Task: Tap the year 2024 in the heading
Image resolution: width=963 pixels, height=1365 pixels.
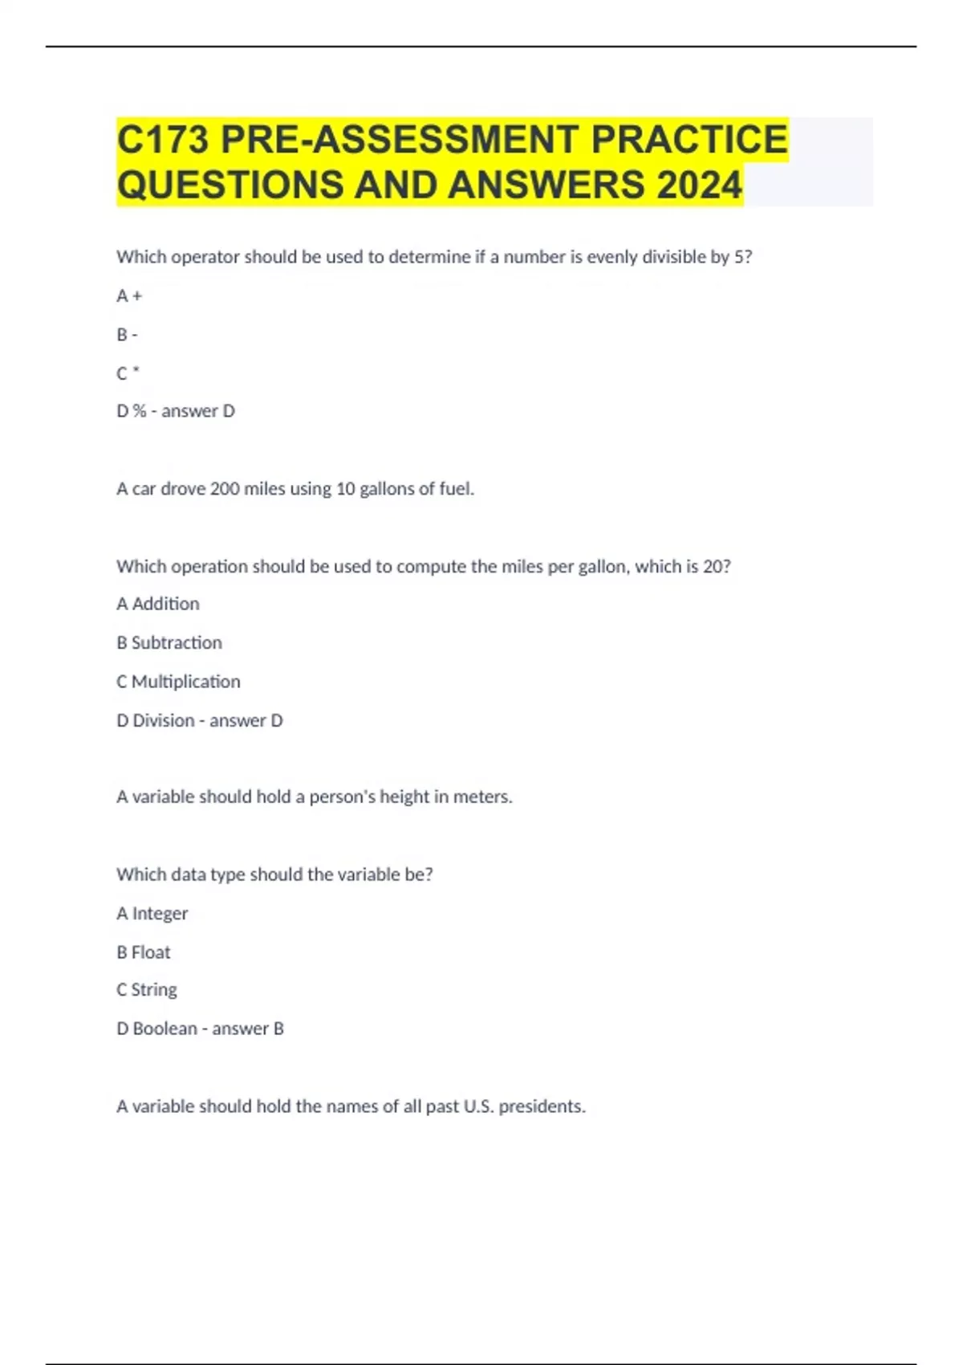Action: click(x=699, y=185)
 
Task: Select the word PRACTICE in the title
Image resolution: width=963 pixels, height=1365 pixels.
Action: click(x=689, y=140)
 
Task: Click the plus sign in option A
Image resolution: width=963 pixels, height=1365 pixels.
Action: click(x=137, y=296)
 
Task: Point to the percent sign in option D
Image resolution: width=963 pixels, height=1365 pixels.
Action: click(x=140, y=411)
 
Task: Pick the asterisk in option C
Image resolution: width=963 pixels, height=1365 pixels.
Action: click(x=136, y=372)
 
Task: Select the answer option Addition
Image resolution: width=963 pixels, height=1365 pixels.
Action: click(x=165, y=604)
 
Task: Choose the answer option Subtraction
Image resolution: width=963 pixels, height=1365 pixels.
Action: click(x=177, y=643)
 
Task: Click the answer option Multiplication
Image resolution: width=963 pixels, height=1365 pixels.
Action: click(x=185, y=682)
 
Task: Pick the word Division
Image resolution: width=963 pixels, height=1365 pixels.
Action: click(x=164, y=721)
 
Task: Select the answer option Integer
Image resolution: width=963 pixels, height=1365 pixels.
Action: click(x=160, y=914)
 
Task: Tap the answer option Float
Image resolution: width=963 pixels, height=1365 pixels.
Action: click(x=151, y=952)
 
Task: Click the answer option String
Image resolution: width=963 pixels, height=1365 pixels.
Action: click(x=154, y=990)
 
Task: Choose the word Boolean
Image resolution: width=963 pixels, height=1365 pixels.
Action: click(x=165, y=1029)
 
